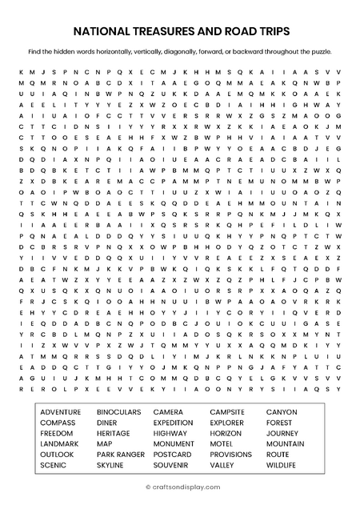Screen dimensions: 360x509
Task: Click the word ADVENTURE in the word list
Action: pos(60,412)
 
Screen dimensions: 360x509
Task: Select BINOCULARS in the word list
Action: pos(118,412)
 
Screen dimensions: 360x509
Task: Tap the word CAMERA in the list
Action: pos(168,412)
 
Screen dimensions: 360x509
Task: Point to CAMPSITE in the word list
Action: pos(227,412)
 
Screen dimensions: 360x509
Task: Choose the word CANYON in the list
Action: pos(281,412)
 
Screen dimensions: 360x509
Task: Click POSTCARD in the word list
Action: pos(172,454)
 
